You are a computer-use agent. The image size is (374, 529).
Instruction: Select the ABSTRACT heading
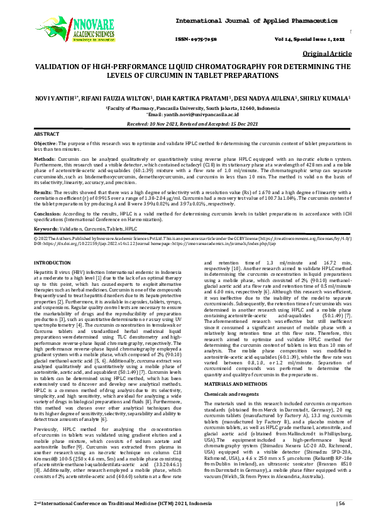[x=46, y=135]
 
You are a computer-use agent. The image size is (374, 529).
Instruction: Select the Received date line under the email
[x=187, y=124]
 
